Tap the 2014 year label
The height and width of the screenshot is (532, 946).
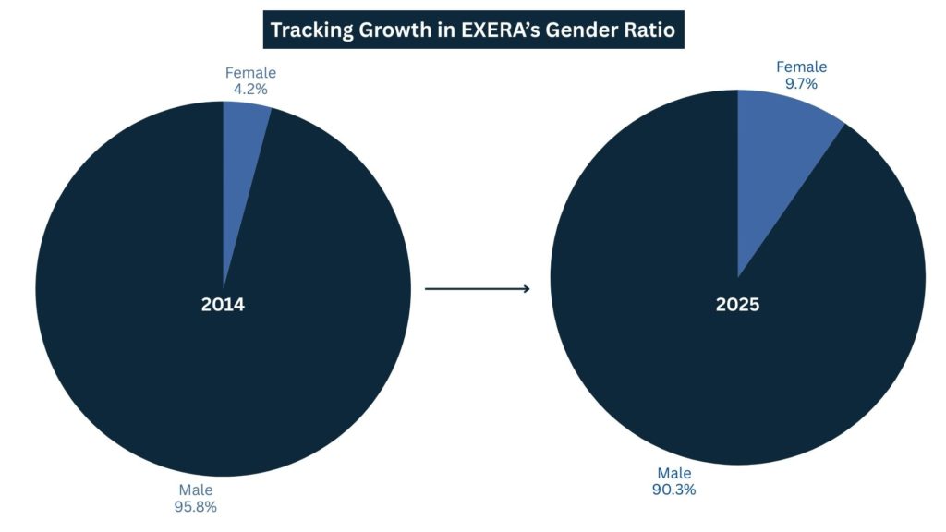(223, 304)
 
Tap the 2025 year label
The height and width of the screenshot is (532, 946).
(737, 304)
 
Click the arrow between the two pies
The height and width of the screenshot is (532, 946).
(477, 289)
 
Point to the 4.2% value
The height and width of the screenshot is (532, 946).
(250, 90)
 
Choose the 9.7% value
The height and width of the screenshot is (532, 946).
(801, 83)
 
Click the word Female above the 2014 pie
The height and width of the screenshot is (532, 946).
(250, 73)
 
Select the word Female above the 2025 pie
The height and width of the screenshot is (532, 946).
(801, 66)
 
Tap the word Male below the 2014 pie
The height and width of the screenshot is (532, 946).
(197, 490)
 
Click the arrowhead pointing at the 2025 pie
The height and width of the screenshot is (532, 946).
(527, 289)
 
